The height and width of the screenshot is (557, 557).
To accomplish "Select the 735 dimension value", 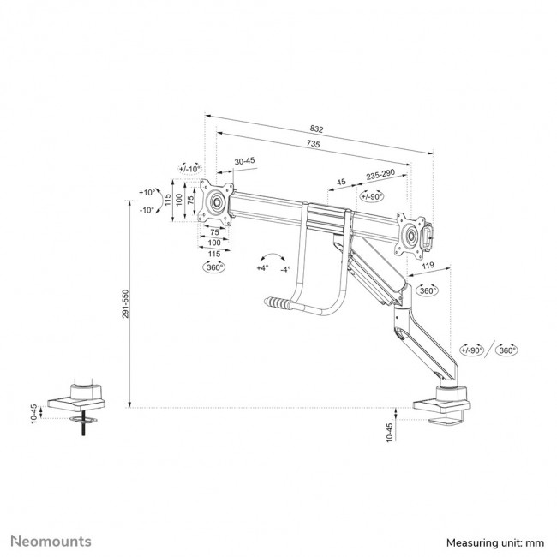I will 313,145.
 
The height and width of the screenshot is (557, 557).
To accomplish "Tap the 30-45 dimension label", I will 244,160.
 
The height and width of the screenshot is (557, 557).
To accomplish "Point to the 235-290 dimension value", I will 380,174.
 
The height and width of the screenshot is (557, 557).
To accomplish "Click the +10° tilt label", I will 147,193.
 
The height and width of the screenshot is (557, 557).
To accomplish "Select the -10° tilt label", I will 147,210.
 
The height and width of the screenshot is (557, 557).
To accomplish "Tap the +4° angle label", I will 261,268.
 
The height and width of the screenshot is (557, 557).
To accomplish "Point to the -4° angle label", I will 285,268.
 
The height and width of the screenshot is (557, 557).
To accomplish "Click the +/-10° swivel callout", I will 189,169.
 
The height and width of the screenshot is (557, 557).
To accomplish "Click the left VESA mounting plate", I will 217,204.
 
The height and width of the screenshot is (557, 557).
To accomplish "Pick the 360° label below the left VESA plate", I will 214,267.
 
